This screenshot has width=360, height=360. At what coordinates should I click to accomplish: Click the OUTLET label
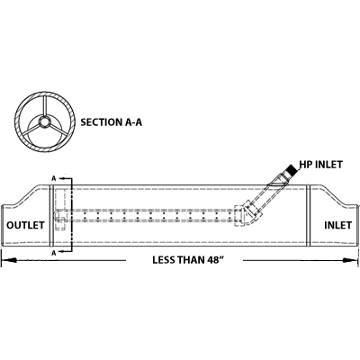pyautogui.click(x=25, y=225)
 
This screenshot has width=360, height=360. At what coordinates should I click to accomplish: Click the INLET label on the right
pyautogui.click(x=337, y=225)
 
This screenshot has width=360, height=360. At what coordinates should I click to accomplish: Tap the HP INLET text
pyautogui.click(x=321, y=165)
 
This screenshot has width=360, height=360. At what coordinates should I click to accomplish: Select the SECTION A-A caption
pyautogui.click(x=112, y=122)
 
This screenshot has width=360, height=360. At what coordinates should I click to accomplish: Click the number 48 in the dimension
pyautogui.click(x=213, y=260)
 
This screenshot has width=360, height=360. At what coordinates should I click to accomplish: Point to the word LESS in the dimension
pyautogui.click(x=164, y=260)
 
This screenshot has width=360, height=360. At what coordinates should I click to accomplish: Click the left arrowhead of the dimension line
pyautogui.click(x=9, y=260)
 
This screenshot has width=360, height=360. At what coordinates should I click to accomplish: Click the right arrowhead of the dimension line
pyautogui.click(x=351, y=260)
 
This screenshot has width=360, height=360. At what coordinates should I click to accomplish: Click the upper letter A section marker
pyautogui.click(x=54, y=178)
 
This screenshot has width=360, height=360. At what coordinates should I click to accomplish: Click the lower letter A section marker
pyautogui.click(x=54, y=253)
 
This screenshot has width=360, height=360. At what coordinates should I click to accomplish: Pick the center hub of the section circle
pyautogui.click(x=45, y=122)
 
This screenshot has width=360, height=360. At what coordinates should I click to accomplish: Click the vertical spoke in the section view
pyautogui.click(x=45, y=107)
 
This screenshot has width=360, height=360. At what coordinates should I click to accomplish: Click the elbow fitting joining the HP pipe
pyautogui.click(x=249, y=213)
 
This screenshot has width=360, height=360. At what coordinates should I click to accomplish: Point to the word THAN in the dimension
pyautogui.click(x=191, y=260)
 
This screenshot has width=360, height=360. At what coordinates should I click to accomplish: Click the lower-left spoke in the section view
pyautogui.click(x=31, y=130)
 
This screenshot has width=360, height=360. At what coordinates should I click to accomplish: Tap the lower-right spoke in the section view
pyautogui.click(x=58, y=130)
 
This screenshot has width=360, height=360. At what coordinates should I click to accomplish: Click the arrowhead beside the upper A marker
pyautogui.click(x=62, y=178)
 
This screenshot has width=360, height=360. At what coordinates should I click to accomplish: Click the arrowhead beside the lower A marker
pyautogui.click(x=62, y=251)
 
